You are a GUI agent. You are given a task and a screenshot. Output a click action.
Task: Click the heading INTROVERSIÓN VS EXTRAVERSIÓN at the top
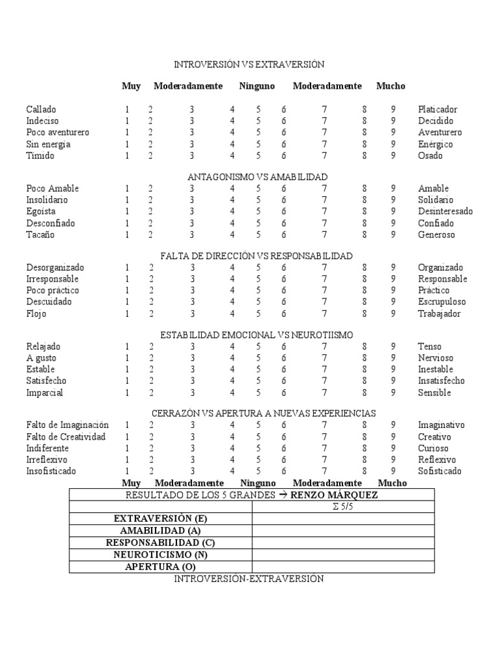pyautogui.click(x=249, y=65)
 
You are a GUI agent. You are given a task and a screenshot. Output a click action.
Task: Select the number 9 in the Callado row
pyautogui.click(x=393, y=109)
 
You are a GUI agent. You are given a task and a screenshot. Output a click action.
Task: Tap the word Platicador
pyautogui.click(x=438, y=109)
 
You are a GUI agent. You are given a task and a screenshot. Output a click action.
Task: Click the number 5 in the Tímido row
pyautogui.click(x=258, y=156)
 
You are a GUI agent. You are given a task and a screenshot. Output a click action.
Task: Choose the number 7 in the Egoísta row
pyautogui.click(x=324, y=212)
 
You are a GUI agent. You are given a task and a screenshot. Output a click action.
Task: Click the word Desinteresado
pyautogui.click(x=445, y=212)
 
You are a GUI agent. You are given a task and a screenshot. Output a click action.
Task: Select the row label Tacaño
pyautogui.click(x=40, y=235)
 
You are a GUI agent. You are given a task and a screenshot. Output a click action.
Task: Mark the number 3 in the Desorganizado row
pyautogui.click(x=192, y=267)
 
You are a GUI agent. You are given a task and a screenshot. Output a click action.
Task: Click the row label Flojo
pyautogui.click(x=36, y=314)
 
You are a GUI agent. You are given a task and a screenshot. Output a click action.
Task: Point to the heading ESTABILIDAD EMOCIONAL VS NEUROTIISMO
pyautogui.click(x=257, y=335)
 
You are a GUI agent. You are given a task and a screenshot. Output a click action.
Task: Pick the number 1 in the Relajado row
pyautogui.click(x=127, y=346)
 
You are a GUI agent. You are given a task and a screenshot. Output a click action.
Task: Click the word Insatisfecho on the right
pyautogui.click(x=442, y=381)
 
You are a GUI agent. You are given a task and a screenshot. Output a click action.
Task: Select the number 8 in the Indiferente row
pyautogui.click(x=364, y=448)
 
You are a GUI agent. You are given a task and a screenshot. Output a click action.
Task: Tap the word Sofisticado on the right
pyautogui.click(x=440, y=471)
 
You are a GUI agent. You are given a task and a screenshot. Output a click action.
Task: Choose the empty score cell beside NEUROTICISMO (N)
pyautogui.click(x=343, y=555)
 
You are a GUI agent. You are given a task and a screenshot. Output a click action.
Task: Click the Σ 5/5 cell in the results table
pyautogui.click(x=343, y=507)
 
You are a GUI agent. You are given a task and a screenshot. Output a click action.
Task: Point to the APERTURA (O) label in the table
pyautogui.click(x=160, y=567)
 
